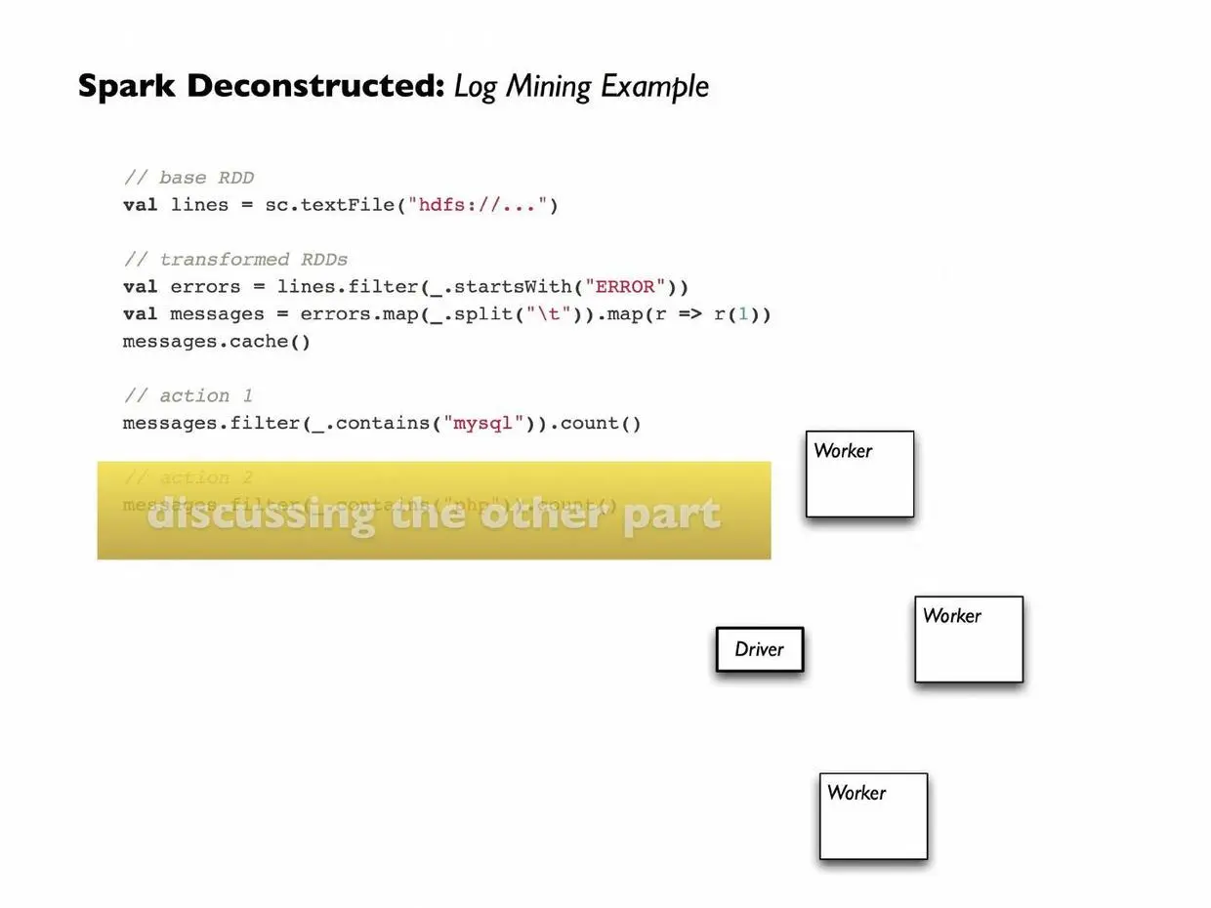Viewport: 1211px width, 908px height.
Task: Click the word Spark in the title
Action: pos(126,86)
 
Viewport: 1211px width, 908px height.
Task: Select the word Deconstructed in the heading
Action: pos(315,86)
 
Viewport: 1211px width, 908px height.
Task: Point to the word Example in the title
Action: pos(654,87)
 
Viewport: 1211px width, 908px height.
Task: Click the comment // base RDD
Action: pos(188,178)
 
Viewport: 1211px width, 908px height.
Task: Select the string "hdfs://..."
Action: pos(478,205)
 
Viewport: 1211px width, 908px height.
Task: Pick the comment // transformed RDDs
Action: pos(235,260)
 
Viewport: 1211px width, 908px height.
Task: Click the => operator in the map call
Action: pos(689,314)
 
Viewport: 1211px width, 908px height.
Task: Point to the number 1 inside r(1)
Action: pos(742,314)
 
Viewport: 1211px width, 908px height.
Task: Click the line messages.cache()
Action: pos(216,342)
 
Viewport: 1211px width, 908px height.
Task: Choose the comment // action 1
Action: pos(188,396)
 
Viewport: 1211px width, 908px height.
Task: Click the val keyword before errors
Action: pos(140,287)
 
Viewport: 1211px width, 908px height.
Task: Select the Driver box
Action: pos(759,649)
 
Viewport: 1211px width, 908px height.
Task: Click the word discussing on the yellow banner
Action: pos(262,515)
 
